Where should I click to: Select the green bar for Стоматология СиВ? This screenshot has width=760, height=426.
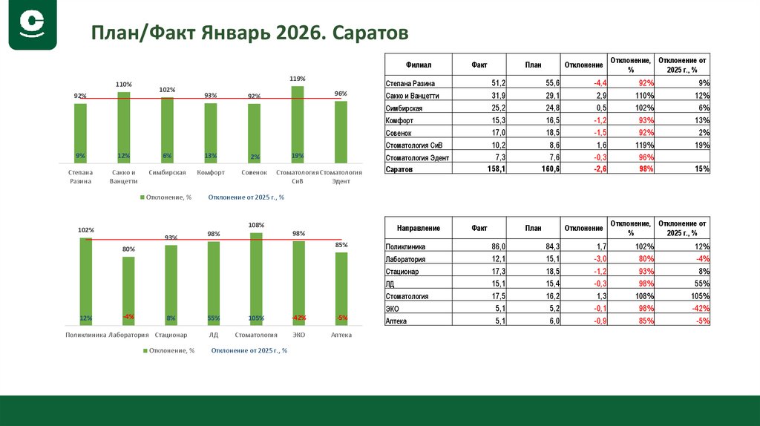(x=298, y=124)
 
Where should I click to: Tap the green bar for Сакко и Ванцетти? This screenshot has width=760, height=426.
(x=124, y=127)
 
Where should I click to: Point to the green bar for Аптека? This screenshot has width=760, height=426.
(x=341, y=289)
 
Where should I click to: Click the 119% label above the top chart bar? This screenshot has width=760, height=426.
(x=298, y=79)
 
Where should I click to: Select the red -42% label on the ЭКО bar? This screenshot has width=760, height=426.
(x=299, y=318)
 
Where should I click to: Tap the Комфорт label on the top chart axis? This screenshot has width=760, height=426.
(x=211, y=173)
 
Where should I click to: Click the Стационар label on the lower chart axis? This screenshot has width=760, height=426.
(x=171, y=335)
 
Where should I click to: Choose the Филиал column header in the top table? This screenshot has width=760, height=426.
(x=419, y=65)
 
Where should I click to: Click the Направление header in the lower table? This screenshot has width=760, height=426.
(x=419, y=228)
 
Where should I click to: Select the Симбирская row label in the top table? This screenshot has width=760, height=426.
(x=404, y=108)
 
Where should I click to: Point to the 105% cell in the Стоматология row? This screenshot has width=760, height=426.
(x=698, y=296)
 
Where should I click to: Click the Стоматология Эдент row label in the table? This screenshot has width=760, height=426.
(x=418, y=157)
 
